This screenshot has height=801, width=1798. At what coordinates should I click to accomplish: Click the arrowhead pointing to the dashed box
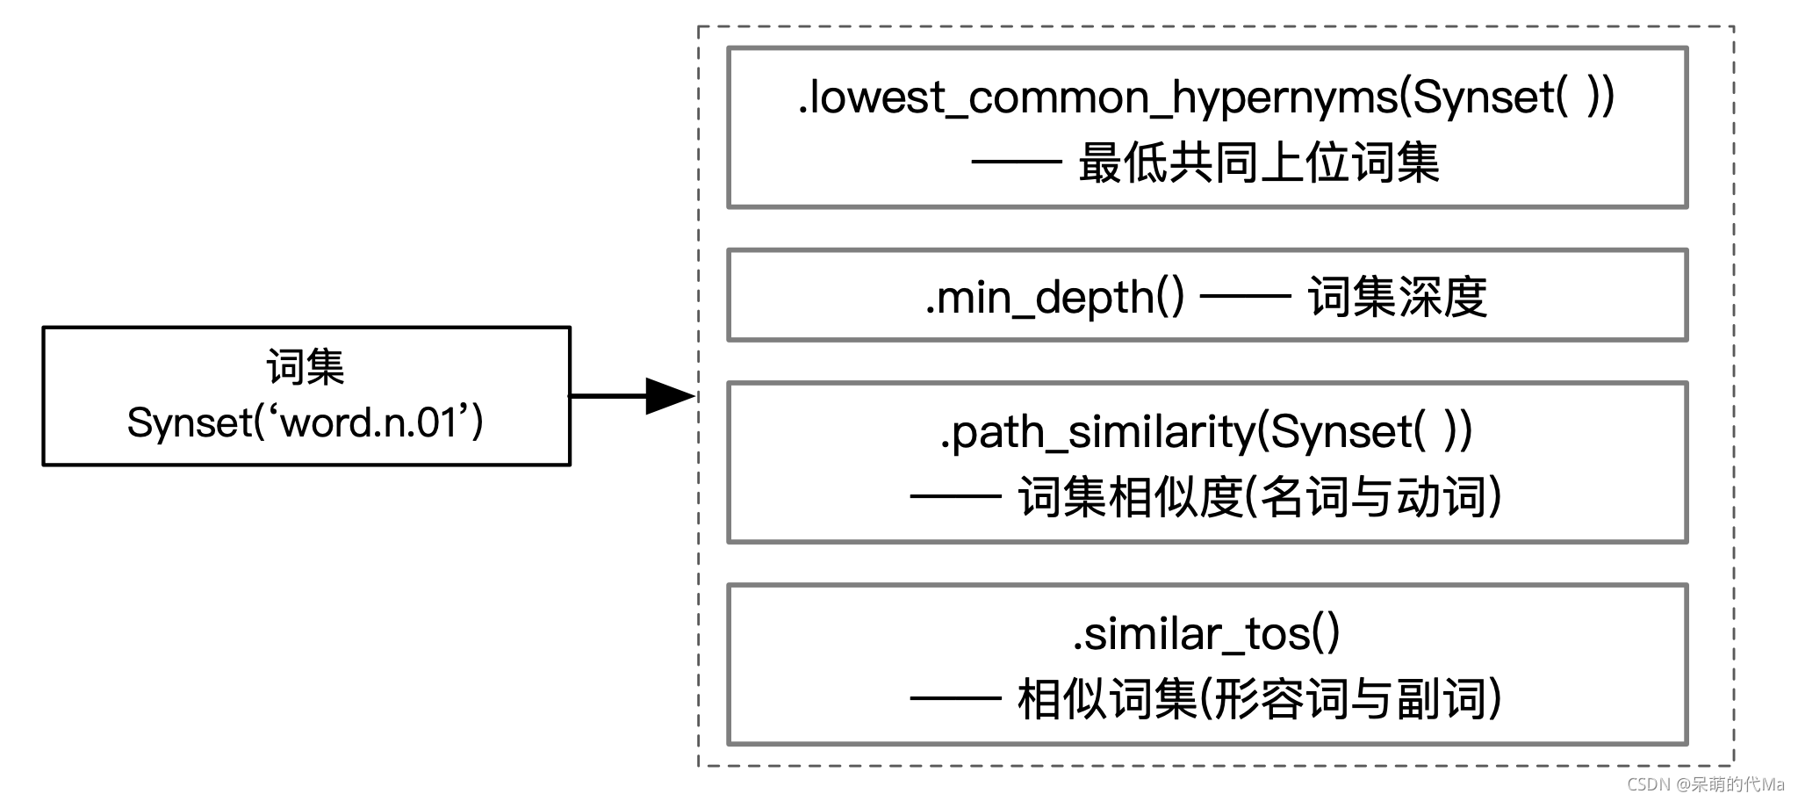tap(670, 396)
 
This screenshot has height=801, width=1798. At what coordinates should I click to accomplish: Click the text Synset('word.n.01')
tap(306, 423)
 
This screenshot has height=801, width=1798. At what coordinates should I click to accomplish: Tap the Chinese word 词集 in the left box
tap(306, 367)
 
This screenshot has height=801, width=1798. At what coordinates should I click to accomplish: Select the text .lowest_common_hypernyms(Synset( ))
tap(1206, 97)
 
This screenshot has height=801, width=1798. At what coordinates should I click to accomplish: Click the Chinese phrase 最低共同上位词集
tap(1258, 164)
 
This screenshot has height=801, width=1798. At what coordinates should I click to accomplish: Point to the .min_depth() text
tap(1054, 298)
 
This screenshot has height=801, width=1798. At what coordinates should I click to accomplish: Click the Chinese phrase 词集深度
tap(1397, 298)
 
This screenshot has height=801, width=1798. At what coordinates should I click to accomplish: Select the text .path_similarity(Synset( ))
tap(1206, 432)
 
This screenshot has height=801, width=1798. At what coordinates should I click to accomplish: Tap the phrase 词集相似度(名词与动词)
tap(1260, 498)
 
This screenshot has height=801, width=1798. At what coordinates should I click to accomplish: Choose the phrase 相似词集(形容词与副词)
tap(1260, 700)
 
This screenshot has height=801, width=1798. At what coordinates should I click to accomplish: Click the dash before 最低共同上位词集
tap(1017, 163)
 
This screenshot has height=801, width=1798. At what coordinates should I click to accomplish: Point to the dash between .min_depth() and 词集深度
tap(1245, 298)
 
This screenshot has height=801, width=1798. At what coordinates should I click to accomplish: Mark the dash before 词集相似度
tap(955, 497)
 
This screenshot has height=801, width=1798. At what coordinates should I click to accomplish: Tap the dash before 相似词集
tap(955, 699)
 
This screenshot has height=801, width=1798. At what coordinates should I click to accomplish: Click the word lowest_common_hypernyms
tap(1102, 97)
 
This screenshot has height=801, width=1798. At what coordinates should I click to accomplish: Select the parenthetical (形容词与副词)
tap(1350, 700)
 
